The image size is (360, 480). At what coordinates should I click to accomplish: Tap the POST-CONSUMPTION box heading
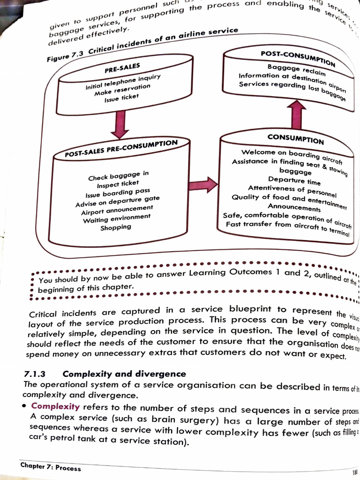298,58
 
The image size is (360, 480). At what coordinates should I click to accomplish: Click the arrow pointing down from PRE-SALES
120,124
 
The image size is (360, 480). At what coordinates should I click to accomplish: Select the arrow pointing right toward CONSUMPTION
203,184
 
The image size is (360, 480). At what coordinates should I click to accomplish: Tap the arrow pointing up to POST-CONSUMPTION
296,115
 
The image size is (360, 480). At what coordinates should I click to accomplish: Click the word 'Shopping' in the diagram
116,227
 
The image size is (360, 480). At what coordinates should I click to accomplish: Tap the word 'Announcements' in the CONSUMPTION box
294,207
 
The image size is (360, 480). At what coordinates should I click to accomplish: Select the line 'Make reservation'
122,90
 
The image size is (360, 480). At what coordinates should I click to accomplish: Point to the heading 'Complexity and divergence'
124,374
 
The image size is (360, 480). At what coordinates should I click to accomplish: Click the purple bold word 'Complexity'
55,406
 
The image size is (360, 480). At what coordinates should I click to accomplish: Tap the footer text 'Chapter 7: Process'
51,467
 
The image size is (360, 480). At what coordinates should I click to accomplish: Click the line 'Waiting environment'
117,218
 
